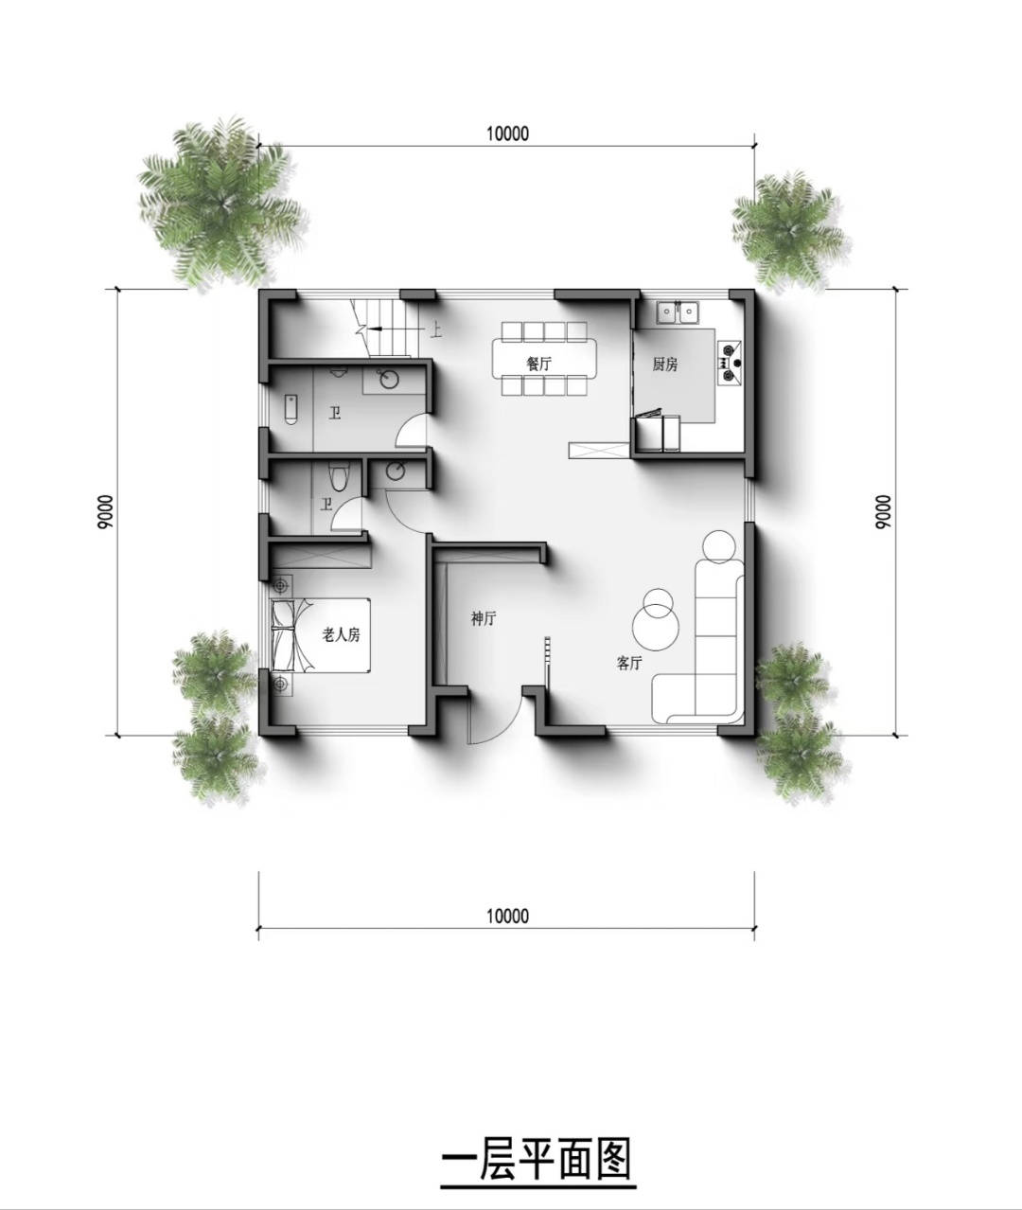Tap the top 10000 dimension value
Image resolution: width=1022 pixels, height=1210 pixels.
[507, 133]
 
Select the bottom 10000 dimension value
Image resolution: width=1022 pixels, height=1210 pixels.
[507, 916]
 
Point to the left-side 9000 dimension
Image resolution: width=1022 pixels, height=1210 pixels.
[106, 511]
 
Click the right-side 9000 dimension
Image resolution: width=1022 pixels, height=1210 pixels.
[883, 511]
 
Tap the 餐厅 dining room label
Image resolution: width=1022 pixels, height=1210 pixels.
[538, 364]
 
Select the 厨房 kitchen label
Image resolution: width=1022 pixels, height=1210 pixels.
[665, 365]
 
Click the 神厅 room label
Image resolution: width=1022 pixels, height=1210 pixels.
[484, 619]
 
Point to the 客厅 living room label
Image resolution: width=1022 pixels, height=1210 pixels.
[629, 663]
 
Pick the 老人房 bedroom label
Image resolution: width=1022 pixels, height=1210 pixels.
[342, 634]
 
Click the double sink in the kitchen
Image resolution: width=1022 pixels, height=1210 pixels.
[678, 312]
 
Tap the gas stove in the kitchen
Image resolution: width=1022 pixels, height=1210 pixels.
[729, 364]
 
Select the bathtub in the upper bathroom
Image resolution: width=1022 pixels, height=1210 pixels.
[291, 409]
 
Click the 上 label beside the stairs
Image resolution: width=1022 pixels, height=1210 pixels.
[435, 330]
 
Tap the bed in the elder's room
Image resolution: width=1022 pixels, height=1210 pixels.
[321, 635]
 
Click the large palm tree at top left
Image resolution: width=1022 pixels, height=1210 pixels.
[221, 203]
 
